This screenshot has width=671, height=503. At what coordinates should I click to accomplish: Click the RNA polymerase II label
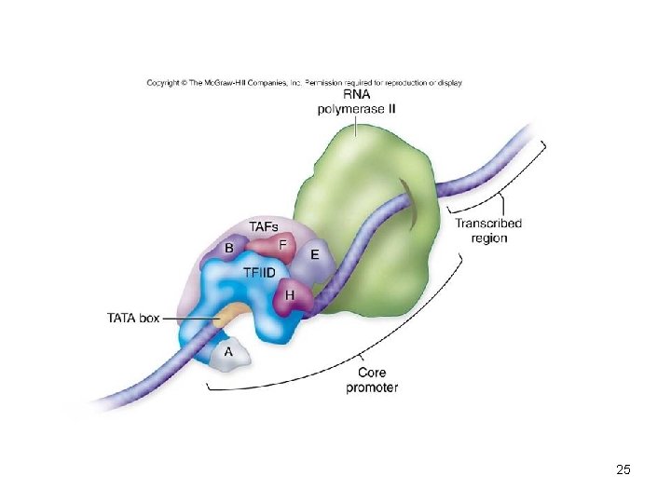click(x=357, y=102)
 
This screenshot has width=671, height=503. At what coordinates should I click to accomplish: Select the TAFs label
click(x=264, y=226)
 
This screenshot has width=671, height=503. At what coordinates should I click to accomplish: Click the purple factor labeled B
click(x=229, y=248)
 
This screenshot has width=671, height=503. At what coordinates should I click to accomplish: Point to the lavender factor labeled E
click(x=315, y=254)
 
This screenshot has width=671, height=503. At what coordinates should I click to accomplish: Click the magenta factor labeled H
click(x=291, y=294)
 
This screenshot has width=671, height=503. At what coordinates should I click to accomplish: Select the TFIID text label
click(x=259, y=273)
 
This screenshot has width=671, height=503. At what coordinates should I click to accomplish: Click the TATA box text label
click(x=134, y=318)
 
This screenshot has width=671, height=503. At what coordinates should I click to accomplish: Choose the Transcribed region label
click(x=488, y=230)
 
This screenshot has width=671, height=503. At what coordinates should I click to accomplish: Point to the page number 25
click(x=623, y=470)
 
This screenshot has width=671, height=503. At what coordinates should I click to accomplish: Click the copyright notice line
click(x=304, y=82)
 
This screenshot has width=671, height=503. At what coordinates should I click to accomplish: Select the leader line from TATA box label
click(x=191, y=318)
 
